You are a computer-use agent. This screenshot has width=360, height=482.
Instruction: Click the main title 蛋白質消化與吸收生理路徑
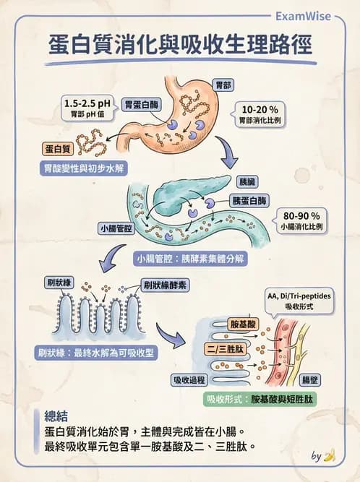click(x=180, y=45)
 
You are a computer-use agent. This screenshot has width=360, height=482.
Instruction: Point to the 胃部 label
click(x=224, y=85)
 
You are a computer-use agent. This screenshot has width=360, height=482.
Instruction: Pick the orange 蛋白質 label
click(x=56, y=148)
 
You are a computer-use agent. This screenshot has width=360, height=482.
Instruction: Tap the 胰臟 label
click(x=247, y=183)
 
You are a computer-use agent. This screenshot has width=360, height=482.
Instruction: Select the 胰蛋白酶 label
click(x=248, y=199)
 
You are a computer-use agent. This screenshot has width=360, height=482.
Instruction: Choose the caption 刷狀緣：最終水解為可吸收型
click(x=93, y=353)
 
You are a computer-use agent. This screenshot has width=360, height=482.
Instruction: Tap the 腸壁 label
click(x=310, y=379)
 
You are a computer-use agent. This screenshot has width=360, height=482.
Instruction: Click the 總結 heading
click(x=56, y=416)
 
